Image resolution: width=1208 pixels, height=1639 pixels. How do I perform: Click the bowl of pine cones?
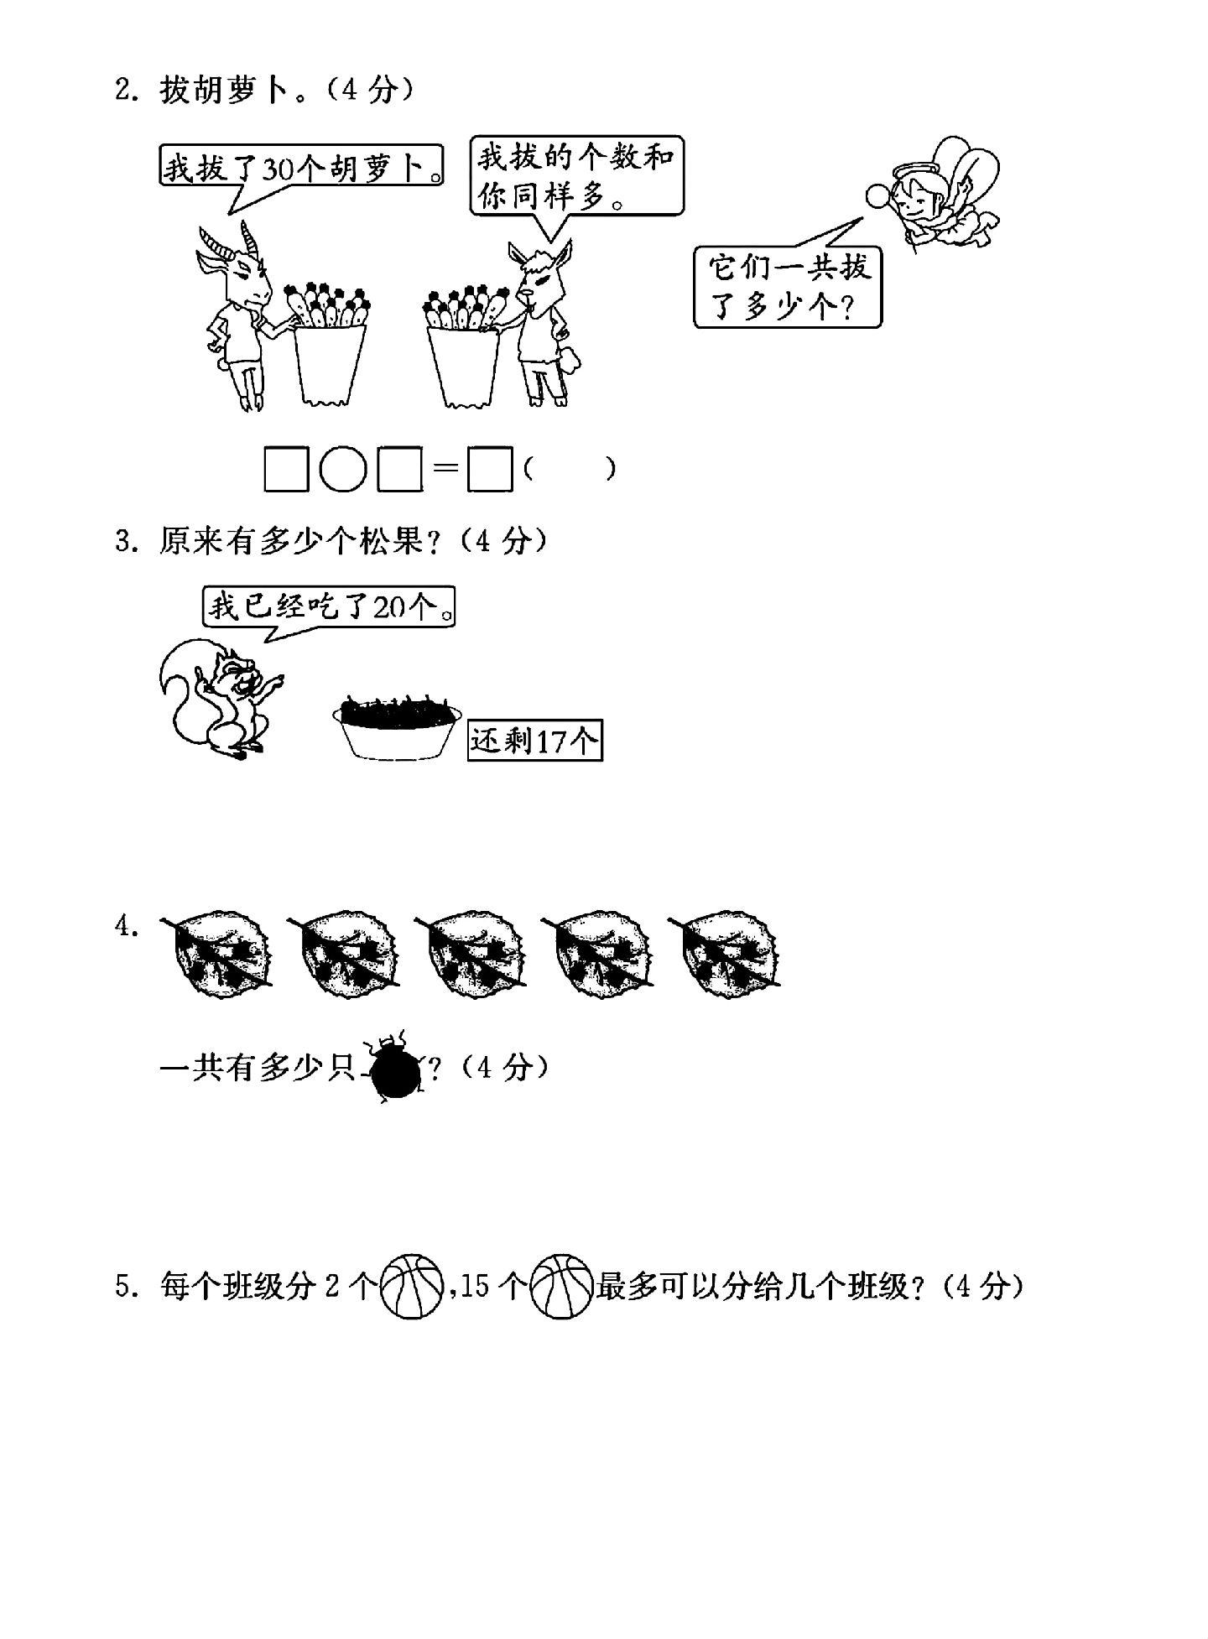click(x=398, y=726)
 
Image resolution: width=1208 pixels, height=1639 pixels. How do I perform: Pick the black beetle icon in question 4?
click(x=397, y=1067)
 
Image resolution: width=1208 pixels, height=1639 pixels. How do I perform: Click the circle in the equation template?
click(x=343, y=470)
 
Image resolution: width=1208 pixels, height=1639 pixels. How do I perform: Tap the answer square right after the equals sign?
click(x=490, y=470)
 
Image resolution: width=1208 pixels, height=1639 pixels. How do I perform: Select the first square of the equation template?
click(x=287, y=470)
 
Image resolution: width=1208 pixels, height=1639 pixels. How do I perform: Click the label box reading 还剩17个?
click(x=535, y=741)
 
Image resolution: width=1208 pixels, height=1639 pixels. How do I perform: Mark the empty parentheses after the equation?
click(x=570, y=470)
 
